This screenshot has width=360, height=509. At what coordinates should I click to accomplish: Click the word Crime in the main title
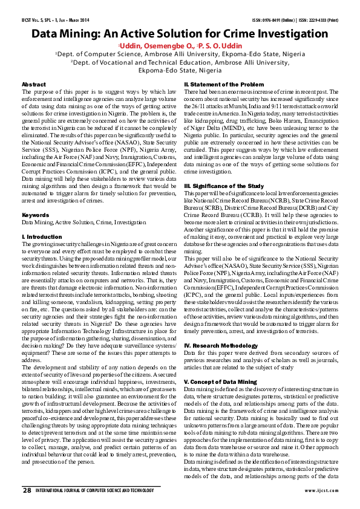[x=234, y=34]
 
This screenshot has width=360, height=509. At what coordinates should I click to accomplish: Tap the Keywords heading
[x=35, y=215]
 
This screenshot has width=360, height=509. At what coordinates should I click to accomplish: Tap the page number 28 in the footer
[x=27, y=489]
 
